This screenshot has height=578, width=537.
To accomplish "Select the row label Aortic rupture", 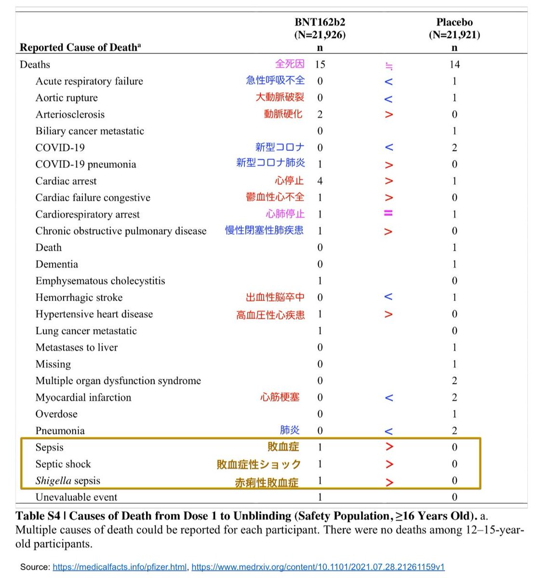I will point(67,98).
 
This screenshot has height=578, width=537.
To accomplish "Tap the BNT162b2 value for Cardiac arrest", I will point(320,181).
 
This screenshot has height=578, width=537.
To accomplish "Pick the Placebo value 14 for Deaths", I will point(454,65).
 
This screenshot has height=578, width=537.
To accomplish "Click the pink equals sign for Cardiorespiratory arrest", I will point(389,214).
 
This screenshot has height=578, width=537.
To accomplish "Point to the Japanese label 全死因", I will point(290,64).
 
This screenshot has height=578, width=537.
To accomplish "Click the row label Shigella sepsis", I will point(68,481).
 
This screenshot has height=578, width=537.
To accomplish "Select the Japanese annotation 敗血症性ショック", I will point(259,464).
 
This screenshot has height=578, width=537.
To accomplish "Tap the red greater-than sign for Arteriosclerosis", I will point(389,115).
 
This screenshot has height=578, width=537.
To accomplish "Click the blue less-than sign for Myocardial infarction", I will point(389,398).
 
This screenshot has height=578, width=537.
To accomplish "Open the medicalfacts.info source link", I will point(120,567).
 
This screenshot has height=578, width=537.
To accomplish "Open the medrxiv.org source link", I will point(318,567).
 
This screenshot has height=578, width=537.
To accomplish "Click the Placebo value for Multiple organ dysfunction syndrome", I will point(454,381).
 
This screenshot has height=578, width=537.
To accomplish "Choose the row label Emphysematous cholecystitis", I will point(100,281).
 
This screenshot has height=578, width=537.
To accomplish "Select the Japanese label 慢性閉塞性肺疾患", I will point(264,231).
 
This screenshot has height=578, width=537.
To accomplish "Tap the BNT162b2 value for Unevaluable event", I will point(320,497).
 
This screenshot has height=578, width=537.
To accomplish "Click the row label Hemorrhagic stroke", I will point(79,298).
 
